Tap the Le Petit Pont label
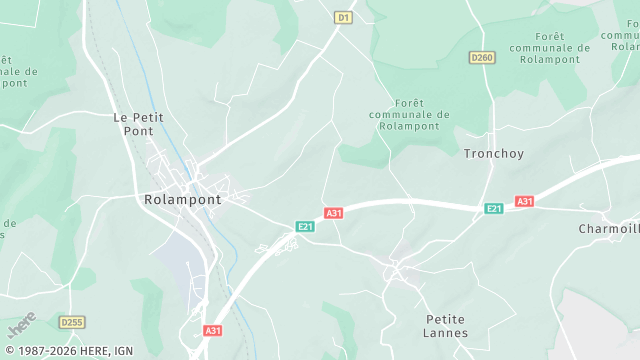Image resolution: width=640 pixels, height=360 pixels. (138, 124)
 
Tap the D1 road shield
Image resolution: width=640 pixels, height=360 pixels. (343, 17)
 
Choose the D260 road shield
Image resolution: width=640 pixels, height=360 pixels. (482, 58)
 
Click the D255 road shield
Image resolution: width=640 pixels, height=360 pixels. (70, 322)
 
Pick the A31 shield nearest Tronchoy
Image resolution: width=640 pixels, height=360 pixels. (524, 201)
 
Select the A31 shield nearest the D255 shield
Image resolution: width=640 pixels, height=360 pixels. (212, 330)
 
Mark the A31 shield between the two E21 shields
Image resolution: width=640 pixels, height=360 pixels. (334, 213)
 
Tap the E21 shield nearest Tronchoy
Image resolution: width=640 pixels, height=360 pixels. (493, 208)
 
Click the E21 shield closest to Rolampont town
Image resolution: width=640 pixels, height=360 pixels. (305, 227)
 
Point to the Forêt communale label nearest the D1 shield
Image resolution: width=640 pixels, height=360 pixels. (409, 115)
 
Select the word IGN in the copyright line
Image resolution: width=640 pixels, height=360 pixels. (123, 351)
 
